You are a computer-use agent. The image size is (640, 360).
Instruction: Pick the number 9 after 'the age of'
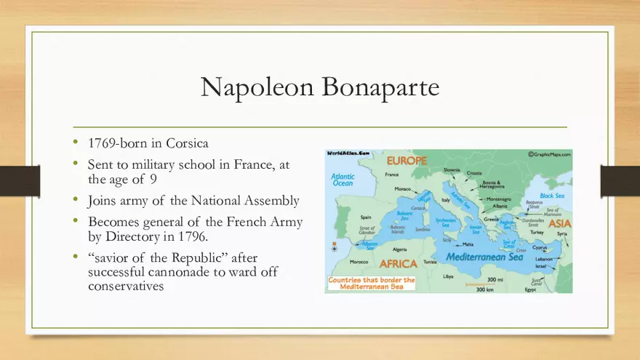[x=153, y=179]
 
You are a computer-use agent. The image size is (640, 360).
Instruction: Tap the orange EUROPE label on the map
[x=407, y=161]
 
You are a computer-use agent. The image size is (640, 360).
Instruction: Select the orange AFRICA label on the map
[x=398, y=263]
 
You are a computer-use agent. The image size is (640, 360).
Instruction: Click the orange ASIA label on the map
[x=559, y=223]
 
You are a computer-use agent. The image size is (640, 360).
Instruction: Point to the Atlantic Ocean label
[x=343, y=180]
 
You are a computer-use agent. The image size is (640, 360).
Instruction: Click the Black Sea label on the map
[x=552, y=196]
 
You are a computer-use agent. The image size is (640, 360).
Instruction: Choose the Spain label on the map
[x=366, y=217]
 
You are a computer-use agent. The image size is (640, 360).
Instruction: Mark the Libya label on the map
[x=448, y=276]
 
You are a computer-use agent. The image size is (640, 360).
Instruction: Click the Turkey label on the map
[x=537, y=232]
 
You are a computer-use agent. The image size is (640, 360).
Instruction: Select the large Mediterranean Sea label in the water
[x=480, y=257]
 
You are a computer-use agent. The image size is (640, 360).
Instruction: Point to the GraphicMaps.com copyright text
[x=548, y=154]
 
